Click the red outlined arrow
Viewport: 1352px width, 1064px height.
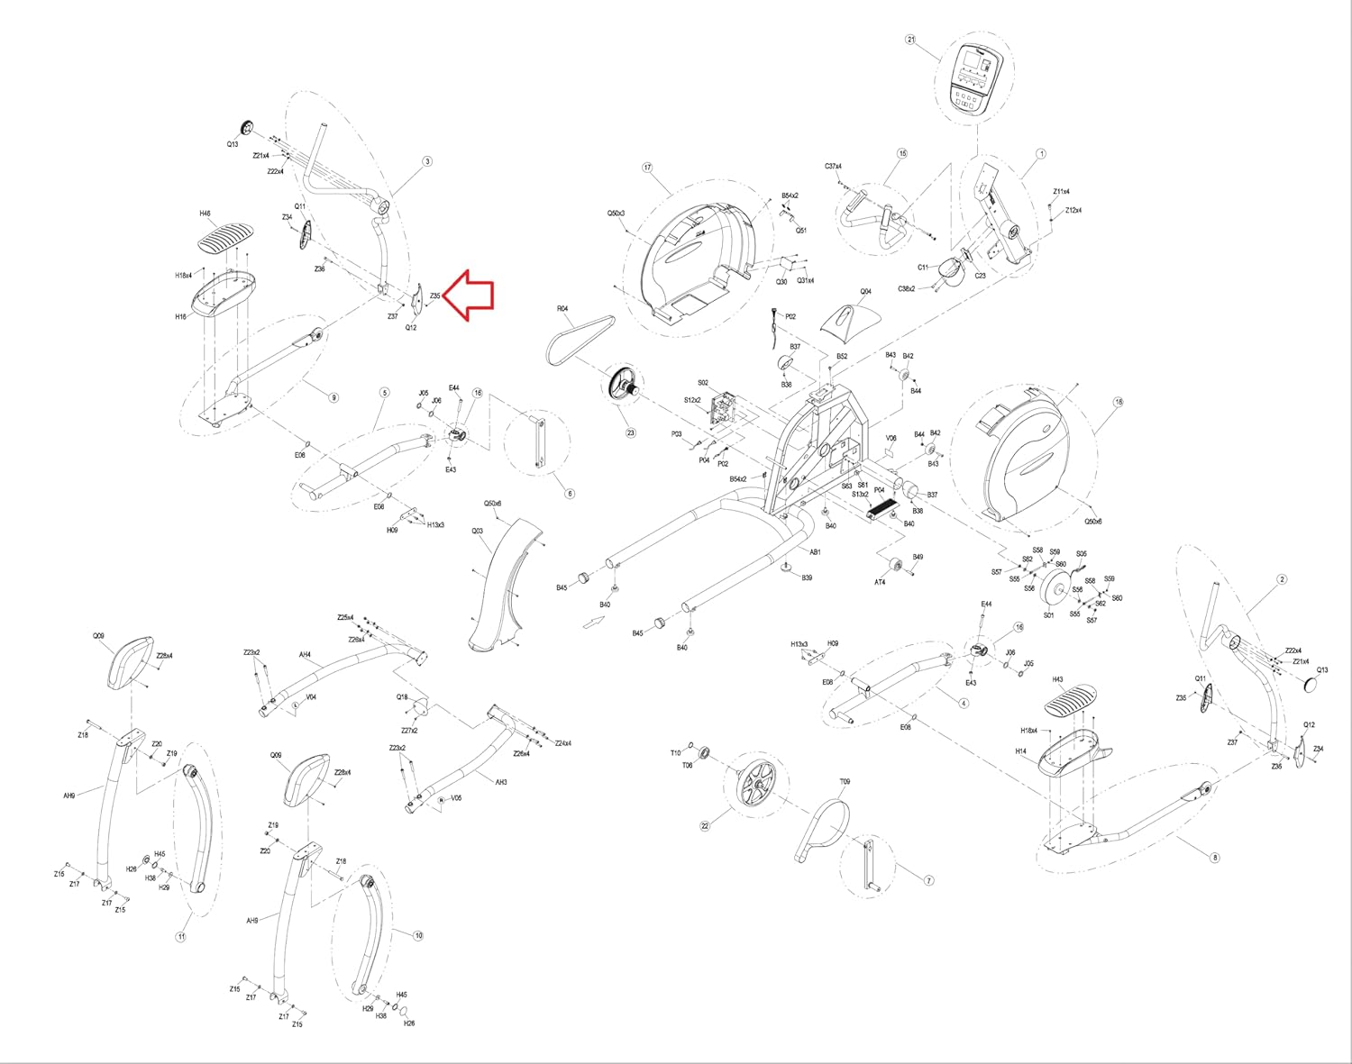tap(470, 295)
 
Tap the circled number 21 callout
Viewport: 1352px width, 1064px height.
tap(910, 40)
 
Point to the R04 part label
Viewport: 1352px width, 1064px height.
tap(562, 309)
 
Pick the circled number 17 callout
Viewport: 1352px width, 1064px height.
tap(647, 168)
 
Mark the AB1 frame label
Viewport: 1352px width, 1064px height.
tap(815, 552)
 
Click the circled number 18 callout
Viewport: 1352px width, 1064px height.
tap(1119, 403)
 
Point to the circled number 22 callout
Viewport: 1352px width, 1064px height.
tap(705, 825)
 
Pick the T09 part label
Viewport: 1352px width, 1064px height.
tap(845, 782)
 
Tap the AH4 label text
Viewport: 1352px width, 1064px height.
tap(305, 655)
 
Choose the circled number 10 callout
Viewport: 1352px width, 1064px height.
tap(418, 936)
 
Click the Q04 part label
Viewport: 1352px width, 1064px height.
tap(865, 292)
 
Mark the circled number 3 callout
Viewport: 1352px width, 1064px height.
tap(427, 161)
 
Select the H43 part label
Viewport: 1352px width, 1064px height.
tap(1057, 680)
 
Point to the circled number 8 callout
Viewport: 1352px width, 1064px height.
tap(1214, 858)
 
